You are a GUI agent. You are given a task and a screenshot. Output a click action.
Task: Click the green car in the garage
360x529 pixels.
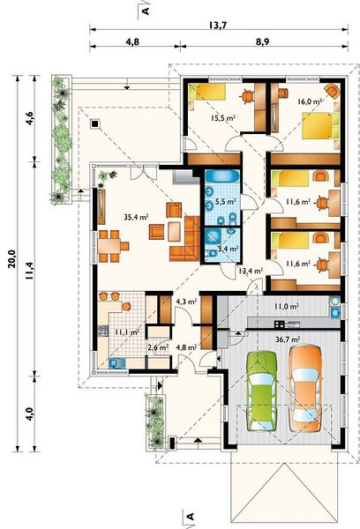coord(262,391)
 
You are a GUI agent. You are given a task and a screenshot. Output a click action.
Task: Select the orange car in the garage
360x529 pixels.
coord(305,388)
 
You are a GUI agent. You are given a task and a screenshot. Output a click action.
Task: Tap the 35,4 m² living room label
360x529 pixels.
coord(136,217)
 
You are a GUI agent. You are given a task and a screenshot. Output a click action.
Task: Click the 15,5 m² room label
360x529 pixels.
coord(223,118)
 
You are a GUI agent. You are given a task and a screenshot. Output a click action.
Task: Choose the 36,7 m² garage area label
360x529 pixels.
coord(288,339)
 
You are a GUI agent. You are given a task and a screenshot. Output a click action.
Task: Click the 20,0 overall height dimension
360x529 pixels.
coord(12,258)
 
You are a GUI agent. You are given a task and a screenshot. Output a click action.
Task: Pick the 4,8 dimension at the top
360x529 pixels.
coord(132,41)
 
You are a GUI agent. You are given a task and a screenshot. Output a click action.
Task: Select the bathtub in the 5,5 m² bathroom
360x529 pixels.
coord(221,176)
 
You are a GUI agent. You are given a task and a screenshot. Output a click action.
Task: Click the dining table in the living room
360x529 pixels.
coord(109,246)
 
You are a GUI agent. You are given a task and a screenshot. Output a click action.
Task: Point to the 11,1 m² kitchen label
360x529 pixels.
coord(127,332)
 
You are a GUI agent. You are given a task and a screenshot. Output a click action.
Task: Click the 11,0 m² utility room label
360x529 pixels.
coord(286,307)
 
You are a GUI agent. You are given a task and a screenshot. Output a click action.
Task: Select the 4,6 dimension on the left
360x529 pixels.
coord(30,118)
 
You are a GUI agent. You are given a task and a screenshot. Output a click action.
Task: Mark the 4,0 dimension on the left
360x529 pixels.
coord(30,414)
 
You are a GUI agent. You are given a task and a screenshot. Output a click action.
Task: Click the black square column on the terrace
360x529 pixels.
coord(95,124)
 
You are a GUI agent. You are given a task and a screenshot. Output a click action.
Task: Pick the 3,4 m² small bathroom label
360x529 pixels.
coord(229,249)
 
